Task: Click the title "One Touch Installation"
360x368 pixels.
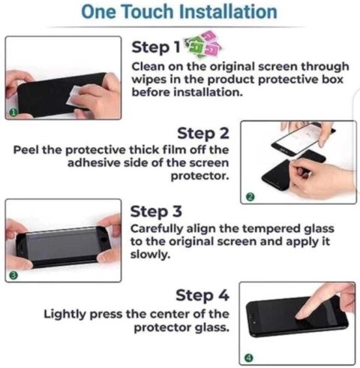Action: (x=179, y=11)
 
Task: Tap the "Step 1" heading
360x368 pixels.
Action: (x=156, y=47)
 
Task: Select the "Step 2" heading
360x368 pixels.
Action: (x=203, y=133)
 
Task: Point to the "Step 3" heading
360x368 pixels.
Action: (x=156, y=212)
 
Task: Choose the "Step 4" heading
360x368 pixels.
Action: (x=202, y=295)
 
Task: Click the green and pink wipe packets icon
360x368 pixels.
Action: (x=203, y=44)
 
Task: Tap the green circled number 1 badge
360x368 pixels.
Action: (x=13, y=113)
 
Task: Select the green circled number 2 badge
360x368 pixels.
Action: (x=250, y=198)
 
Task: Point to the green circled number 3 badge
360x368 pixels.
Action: (x=13, y=275)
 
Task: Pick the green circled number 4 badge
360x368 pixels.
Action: (x=249, y=358)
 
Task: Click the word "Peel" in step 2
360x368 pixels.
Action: (x=26, y=150)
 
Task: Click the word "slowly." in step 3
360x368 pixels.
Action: (x=150, y=255)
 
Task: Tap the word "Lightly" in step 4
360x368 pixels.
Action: (x=65, y=314)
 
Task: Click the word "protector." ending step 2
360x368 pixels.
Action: (x=200, y=176)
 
